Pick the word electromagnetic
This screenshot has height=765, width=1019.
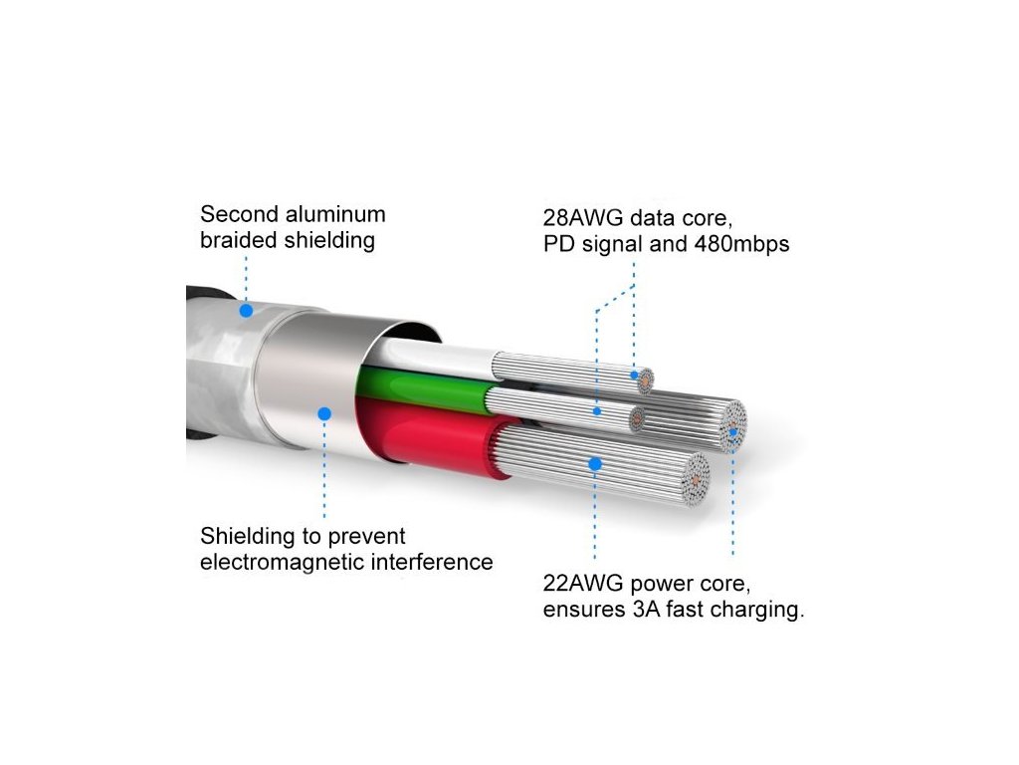pyautogui.click(x=284, y=562)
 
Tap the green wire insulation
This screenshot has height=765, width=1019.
pyautogui.click(x=428, y=389)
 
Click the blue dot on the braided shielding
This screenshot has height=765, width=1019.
pyautogui.click(x=245, y=310)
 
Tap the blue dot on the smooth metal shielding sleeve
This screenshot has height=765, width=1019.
pyautogui.click(x=323, y=412)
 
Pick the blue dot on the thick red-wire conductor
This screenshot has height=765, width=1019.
pyautogui.click(x=594, y=463)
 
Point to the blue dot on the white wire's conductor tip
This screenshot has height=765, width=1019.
pyautogui.click(x=634, y=376)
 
